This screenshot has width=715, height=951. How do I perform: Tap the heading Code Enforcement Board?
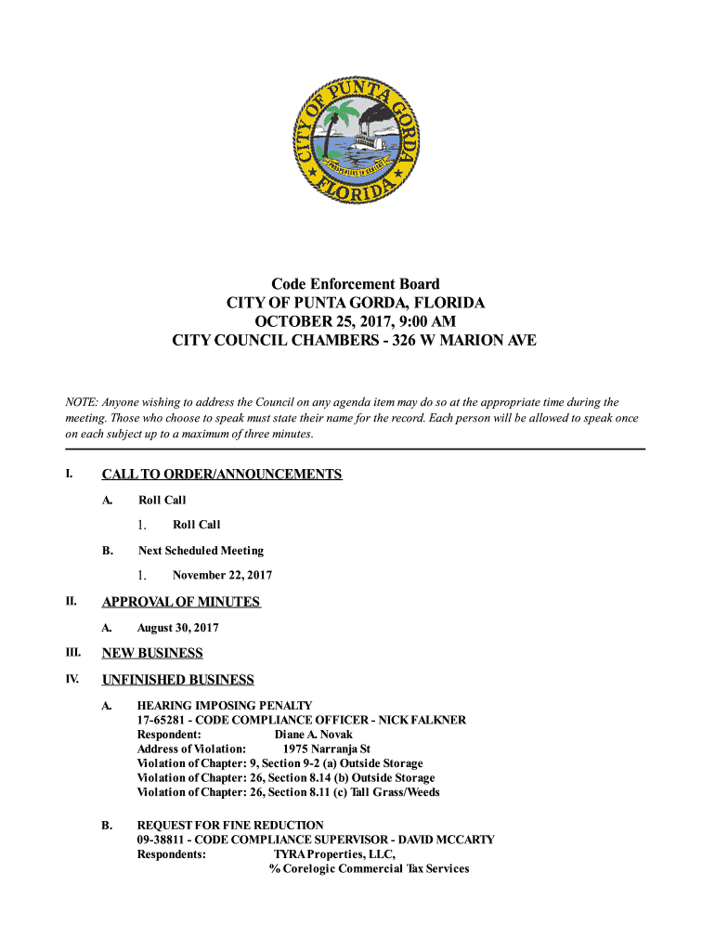pos(356,283)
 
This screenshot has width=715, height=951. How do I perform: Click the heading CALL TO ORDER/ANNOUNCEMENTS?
pos(222,475)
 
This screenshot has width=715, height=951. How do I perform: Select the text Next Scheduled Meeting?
pos(201,550)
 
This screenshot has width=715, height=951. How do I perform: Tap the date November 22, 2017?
pos(222,575)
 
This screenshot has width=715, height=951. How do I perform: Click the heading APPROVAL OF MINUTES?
pos(181,602)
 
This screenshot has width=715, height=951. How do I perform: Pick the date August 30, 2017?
pos(178,628)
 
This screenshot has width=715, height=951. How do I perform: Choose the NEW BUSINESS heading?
pos(152,653)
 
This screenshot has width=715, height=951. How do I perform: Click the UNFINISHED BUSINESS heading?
pos(177,680)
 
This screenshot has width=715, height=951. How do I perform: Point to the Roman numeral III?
pos(70,653)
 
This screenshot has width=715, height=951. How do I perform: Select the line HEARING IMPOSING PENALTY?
pos(225,706)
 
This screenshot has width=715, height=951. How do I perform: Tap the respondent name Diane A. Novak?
pos(313,735)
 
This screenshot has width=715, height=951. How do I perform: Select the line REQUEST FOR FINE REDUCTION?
pos(230,825)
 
